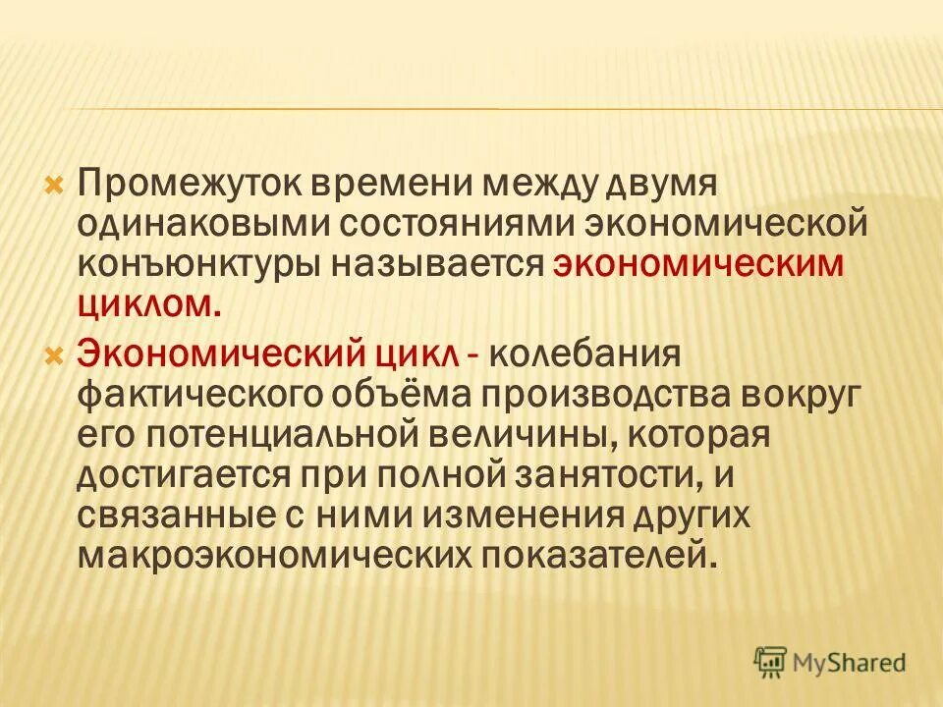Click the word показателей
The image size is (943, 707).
618,557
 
